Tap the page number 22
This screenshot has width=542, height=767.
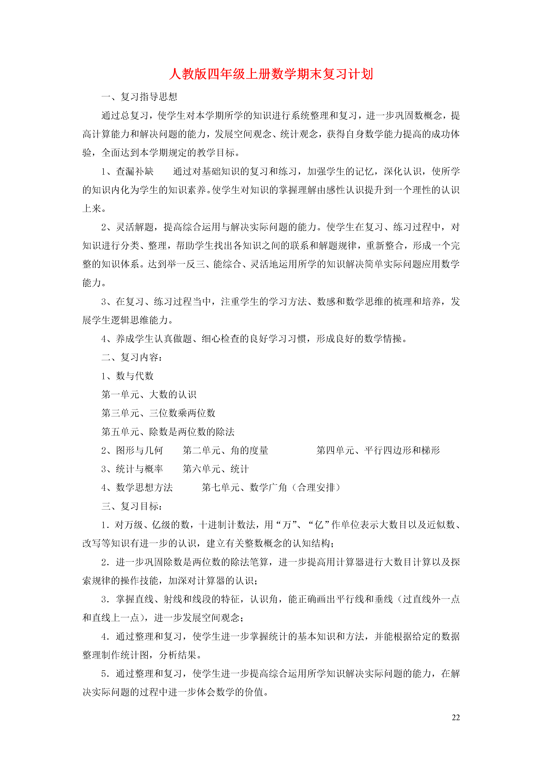(x=455, y=717)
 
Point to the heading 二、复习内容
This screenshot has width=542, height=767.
(x=132, y=357)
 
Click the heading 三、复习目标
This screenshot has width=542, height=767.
(x=132, y=506)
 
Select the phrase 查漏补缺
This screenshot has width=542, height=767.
(x=135, y=171)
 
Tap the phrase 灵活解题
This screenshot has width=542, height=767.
(x=135, y=227)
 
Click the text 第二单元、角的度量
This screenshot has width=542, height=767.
(x=225, y=450)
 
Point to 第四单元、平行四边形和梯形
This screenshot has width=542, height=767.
(x=378, y=450)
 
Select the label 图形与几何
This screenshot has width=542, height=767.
(x=139, y=450)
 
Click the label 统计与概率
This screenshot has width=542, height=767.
(x=139, y=469)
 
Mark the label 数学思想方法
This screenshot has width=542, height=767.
(x=144, y=487)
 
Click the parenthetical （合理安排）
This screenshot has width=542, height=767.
(x=316, y=487)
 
